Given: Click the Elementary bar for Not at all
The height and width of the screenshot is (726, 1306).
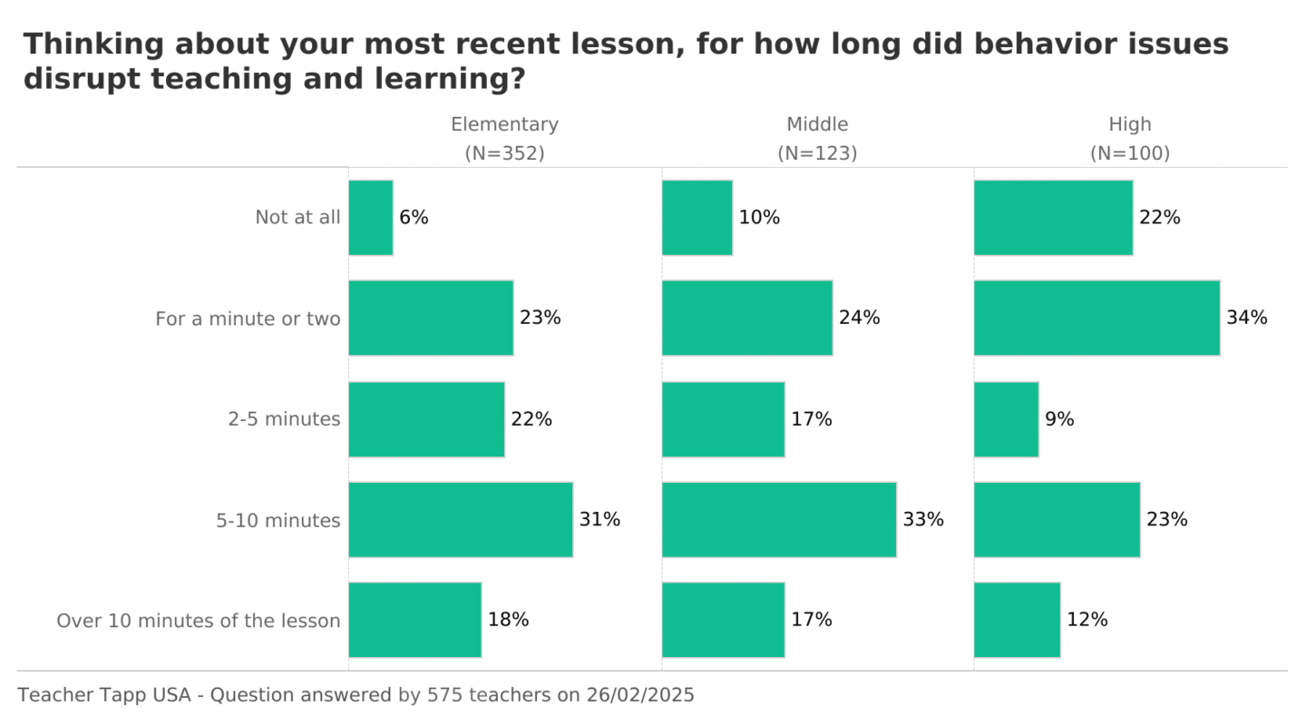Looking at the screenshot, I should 371,218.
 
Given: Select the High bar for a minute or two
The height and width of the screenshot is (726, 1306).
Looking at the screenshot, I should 1096,318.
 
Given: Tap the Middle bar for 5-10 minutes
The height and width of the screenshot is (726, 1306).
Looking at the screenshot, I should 779,519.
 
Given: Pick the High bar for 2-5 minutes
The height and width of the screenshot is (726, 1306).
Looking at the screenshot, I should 1006,419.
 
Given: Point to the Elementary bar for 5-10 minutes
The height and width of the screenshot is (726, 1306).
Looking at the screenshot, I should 461,519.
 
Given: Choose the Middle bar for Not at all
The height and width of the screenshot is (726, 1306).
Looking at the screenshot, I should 697,218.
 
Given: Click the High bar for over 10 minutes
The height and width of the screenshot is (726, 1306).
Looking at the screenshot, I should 1017,620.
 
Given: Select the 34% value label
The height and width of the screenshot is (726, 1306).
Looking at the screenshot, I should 1246,318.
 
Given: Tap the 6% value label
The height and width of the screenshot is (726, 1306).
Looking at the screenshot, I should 414,218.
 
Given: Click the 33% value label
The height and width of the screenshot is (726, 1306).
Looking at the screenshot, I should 922,519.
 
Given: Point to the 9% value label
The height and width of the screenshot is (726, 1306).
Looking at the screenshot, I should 1059,419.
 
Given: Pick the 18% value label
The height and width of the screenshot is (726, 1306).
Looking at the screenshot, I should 508,620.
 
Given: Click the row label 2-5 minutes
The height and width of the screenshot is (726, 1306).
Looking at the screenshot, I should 284,419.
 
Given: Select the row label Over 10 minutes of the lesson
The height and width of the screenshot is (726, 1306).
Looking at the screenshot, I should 199,621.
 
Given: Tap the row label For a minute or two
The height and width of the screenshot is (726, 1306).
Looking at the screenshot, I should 248,319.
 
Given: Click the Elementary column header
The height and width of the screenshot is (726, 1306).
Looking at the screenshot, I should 504,124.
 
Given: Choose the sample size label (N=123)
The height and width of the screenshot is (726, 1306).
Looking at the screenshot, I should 817,153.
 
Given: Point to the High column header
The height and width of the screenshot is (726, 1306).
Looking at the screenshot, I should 1129,124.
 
